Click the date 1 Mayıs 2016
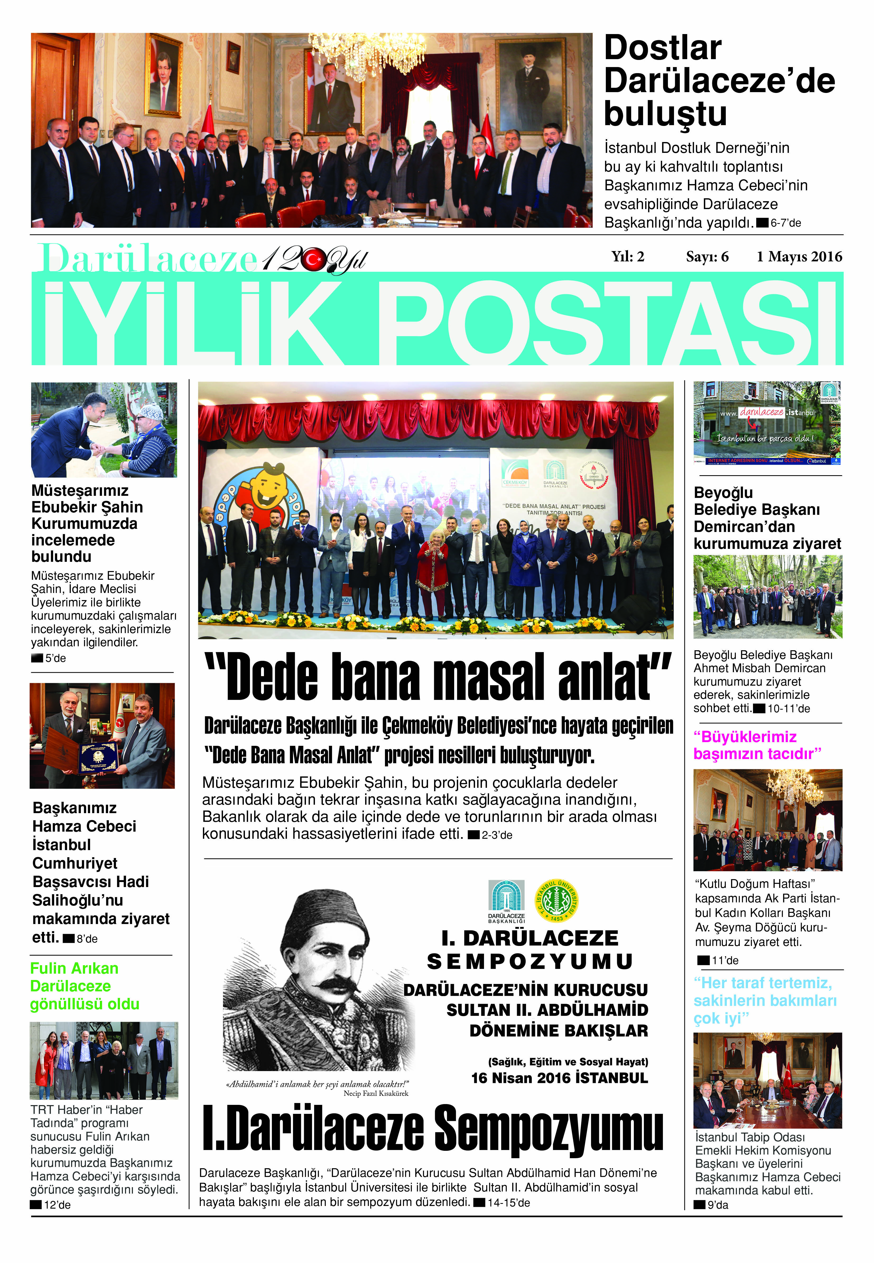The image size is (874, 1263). (799, 257)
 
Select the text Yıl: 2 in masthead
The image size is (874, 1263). (627, 257)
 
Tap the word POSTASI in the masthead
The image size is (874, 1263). (613, 323)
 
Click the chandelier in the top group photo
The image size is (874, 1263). (367, 52)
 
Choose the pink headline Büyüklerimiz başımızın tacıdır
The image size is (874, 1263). (757, 745)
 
